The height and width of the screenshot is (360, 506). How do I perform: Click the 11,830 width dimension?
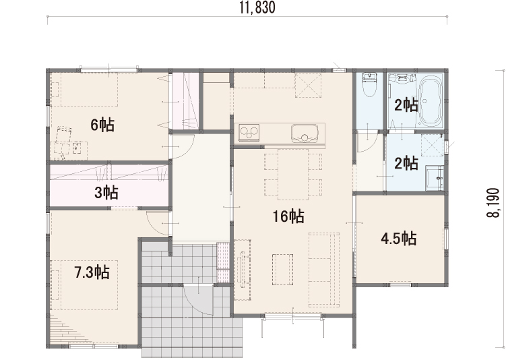coord(257,7)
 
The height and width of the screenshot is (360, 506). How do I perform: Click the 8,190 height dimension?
coord(493,203)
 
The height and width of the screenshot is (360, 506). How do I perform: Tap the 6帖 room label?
coord(102,125)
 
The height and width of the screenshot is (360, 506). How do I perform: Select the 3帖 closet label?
coord(106,193)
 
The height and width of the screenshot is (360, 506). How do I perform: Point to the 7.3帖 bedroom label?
coord(92,272)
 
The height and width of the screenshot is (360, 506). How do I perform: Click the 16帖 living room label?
coord(288,216)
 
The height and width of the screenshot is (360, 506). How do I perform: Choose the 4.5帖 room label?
coord(399,239)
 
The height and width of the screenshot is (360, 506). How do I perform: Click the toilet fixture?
coord(369,85)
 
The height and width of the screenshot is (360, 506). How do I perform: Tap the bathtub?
coord(430,100)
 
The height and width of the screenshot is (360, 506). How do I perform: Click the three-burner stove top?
coord(249,131)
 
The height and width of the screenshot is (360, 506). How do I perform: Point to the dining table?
coord(293,175)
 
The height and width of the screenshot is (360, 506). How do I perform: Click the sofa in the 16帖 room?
coord(324,270)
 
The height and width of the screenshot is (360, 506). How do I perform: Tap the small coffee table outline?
coord(282,270)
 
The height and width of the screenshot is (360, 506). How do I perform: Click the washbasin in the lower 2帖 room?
coord(435,178)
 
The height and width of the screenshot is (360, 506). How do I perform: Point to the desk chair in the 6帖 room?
coord(63,135)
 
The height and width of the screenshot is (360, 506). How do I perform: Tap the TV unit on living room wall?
coord(243,270)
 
